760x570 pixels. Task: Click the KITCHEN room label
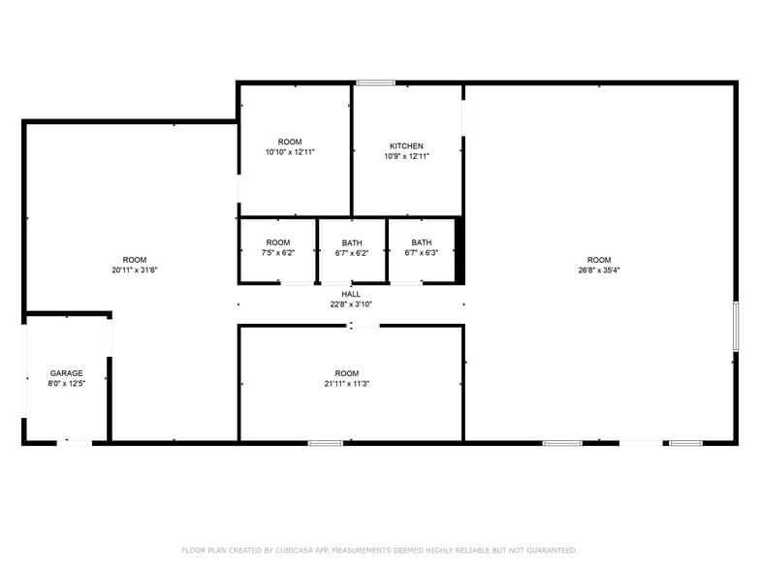pyautogui.click(x=406, y=146)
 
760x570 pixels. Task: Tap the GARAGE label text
pyautogui.click(x=67, y=373)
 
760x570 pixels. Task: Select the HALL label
pyautogui.click(x=351, y=294)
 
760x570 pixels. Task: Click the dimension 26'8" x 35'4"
pyautogui.click(x=599, y=270)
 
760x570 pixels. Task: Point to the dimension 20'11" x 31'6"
pyautogui.click(x=135, y=270)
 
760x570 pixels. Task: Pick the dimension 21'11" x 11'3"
pyautogui.click(x=347, y=384)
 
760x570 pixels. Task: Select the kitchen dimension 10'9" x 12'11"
pyautogui.click(x=406, y=156)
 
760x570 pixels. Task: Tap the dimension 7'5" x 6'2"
pyautogui.click(x=278, y=253)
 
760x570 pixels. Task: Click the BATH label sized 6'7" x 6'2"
pyautogui.click(x=352, y=242)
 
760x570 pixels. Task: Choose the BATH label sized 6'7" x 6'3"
pyautogui.click(x=422, y=242)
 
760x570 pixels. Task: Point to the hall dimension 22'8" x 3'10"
pyautogui.click(x=351, y=303)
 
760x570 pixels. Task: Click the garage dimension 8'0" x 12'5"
pyautogui.click(x=67, y=384)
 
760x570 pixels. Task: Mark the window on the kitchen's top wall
pyautogui.click(x=374, y=83)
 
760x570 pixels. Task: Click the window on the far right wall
pyautogui.click(x=736, y=326)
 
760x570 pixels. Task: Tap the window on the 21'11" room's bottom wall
pyautogui.click(x=326, y=443)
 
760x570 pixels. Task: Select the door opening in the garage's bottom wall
pyautogui.click(x=76, y=443)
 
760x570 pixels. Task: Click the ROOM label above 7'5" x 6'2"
pyautogui.click(x=278, y=242)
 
